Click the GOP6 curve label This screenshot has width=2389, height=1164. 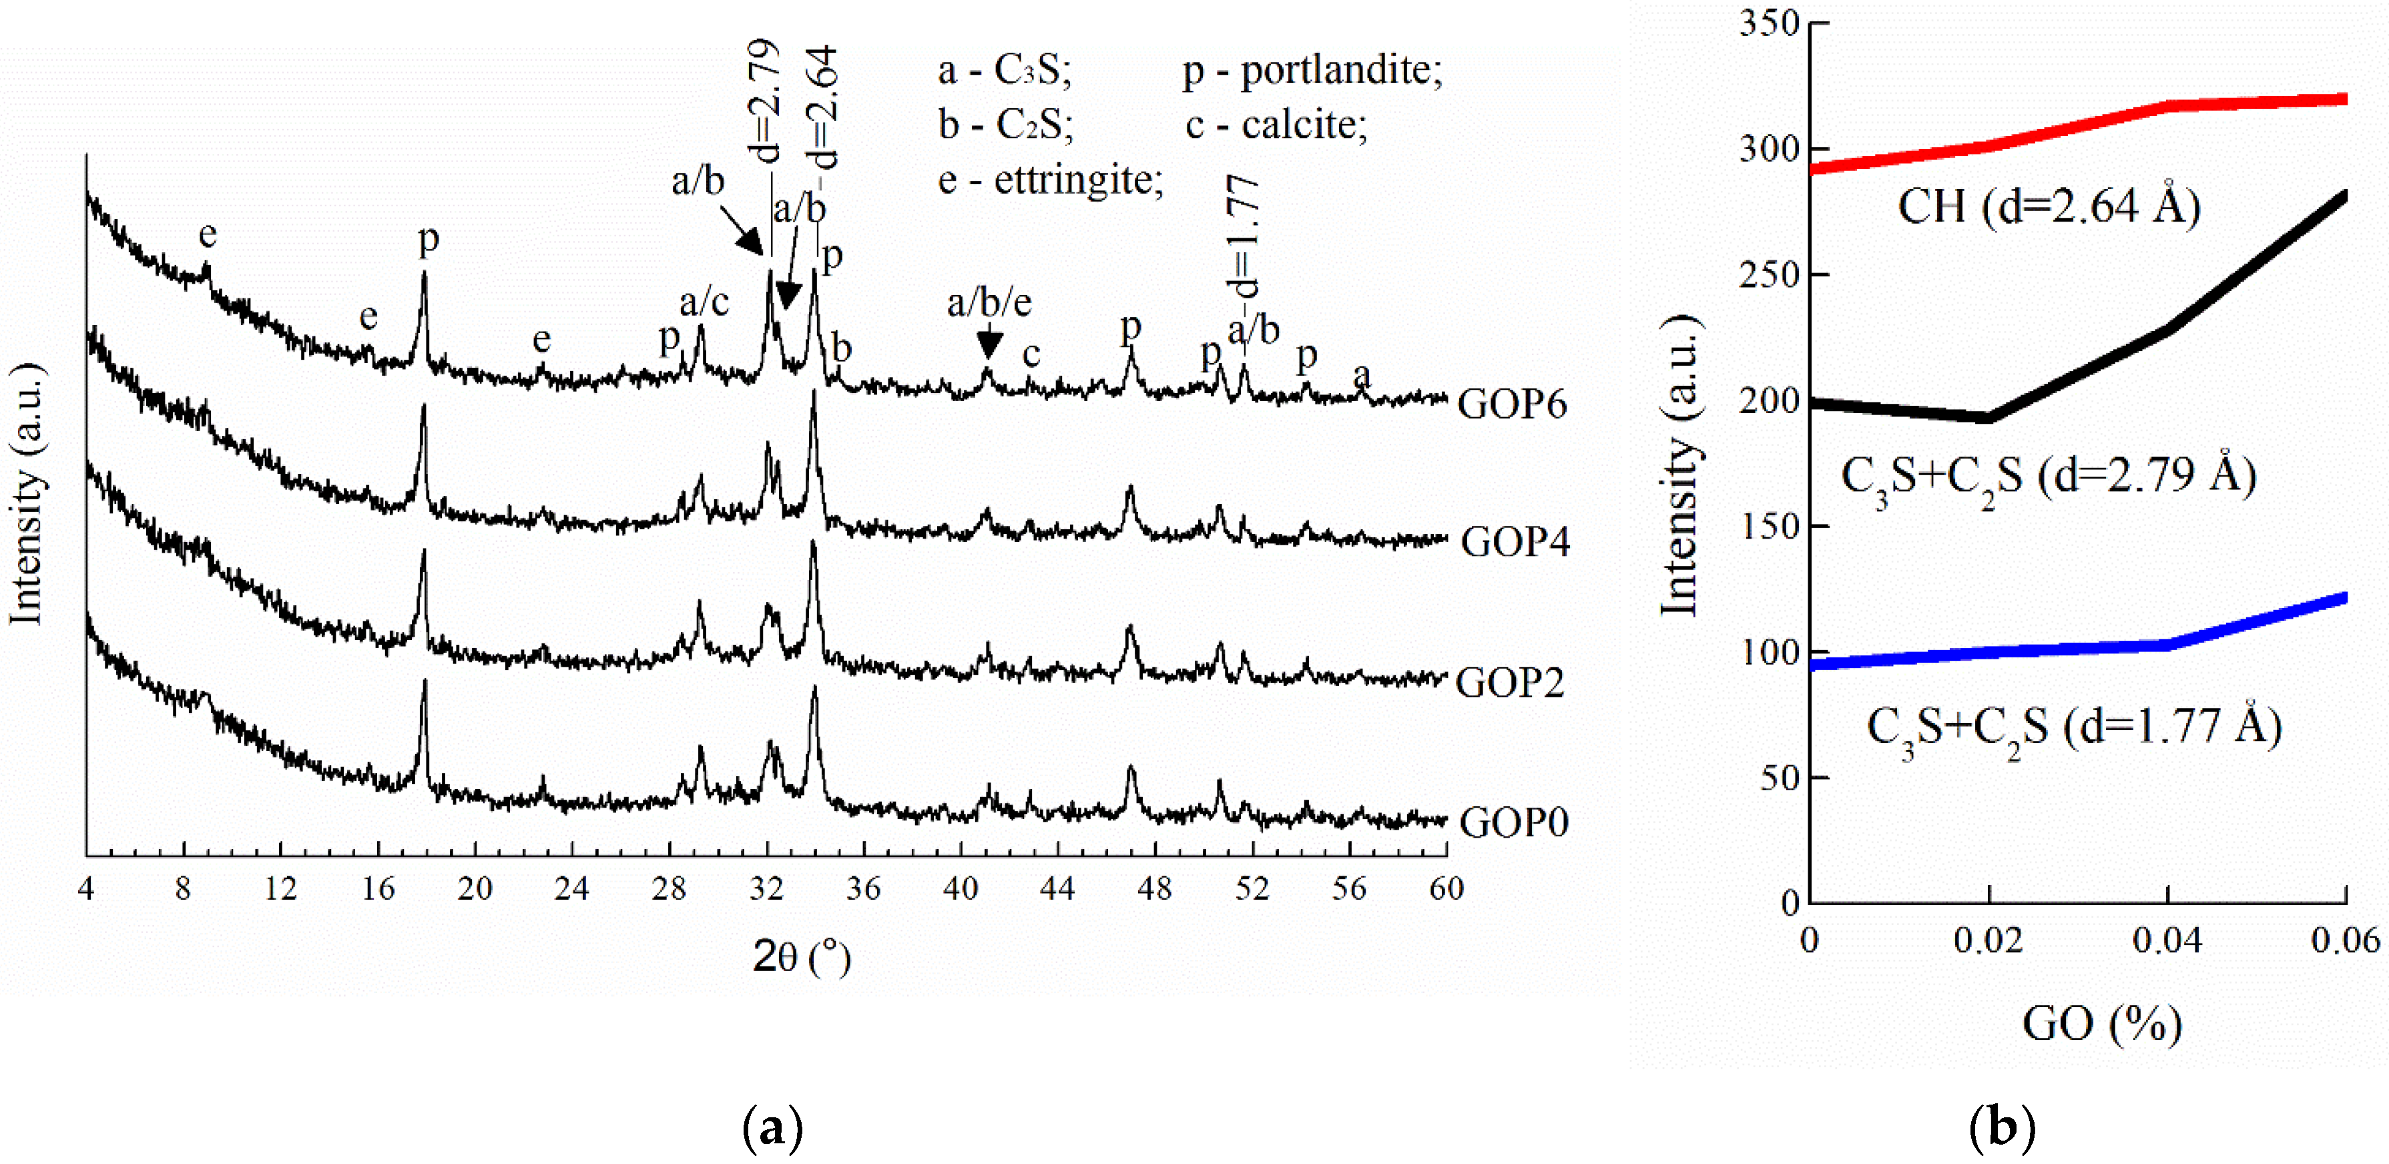tap(1513, 403)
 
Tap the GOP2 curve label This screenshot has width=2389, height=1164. tap(1510, 683)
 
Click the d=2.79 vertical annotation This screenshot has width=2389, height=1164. tap(762, 102)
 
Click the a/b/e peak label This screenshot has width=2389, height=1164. tap(989, 302)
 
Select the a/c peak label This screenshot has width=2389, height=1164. tap(704, 302)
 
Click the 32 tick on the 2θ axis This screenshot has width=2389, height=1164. tap(766, 888)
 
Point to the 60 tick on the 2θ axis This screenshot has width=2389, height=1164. tap(1446, 888)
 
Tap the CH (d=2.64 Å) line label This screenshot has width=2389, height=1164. tap(2049, 206)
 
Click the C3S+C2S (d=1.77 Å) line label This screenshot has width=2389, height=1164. tap(2074, 728)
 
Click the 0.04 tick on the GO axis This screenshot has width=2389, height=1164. tap(2167, 940)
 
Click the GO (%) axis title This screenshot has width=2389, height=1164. tap(2101, 1024)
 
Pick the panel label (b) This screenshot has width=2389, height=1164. tap(2003, 1128)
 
